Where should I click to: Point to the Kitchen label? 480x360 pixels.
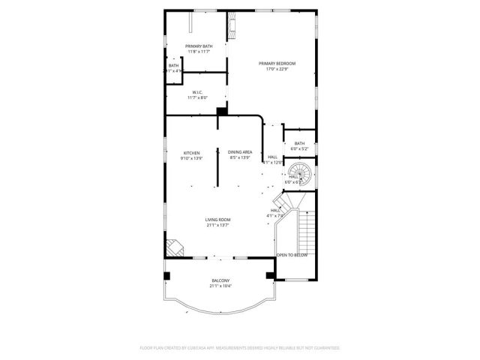point(192,152)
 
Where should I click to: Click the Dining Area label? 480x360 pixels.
point(240,152)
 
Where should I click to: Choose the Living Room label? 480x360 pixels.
point(217,219)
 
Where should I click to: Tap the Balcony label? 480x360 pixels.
point(220,280)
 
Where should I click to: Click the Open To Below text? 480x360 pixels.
point(292,255)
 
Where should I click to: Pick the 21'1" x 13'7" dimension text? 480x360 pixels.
point(217,225)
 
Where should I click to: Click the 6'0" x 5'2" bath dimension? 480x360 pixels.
point(299,149)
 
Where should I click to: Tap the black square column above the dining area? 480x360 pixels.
point(221,112)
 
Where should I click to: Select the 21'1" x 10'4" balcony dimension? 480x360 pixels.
point(220,286)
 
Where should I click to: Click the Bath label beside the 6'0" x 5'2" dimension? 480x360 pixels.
point(299,143)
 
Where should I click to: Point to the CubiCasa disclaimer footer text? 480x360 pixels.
point(240,348)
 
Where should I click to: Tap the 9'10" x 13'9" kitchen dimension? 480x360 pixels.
point(192,158)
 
